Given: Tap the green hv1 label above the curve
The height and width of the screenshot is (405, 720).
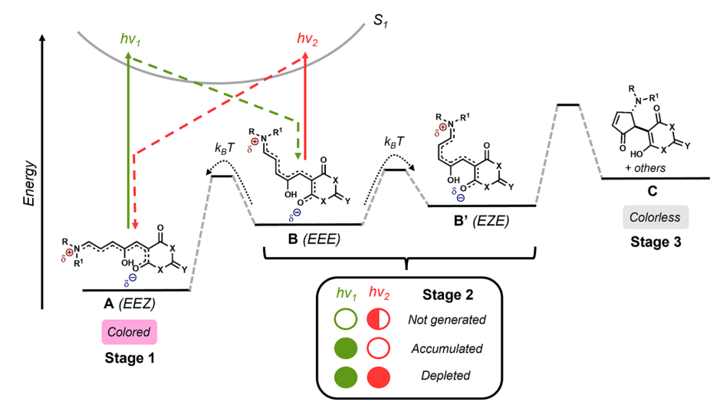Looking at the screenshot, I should pos(130,38).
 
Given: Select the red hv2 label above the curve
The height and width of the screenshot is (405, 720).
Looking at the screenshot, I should pos(307,38).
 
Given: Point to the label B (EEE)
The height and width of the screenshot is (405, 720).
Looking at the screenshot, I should pos(314,239).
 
